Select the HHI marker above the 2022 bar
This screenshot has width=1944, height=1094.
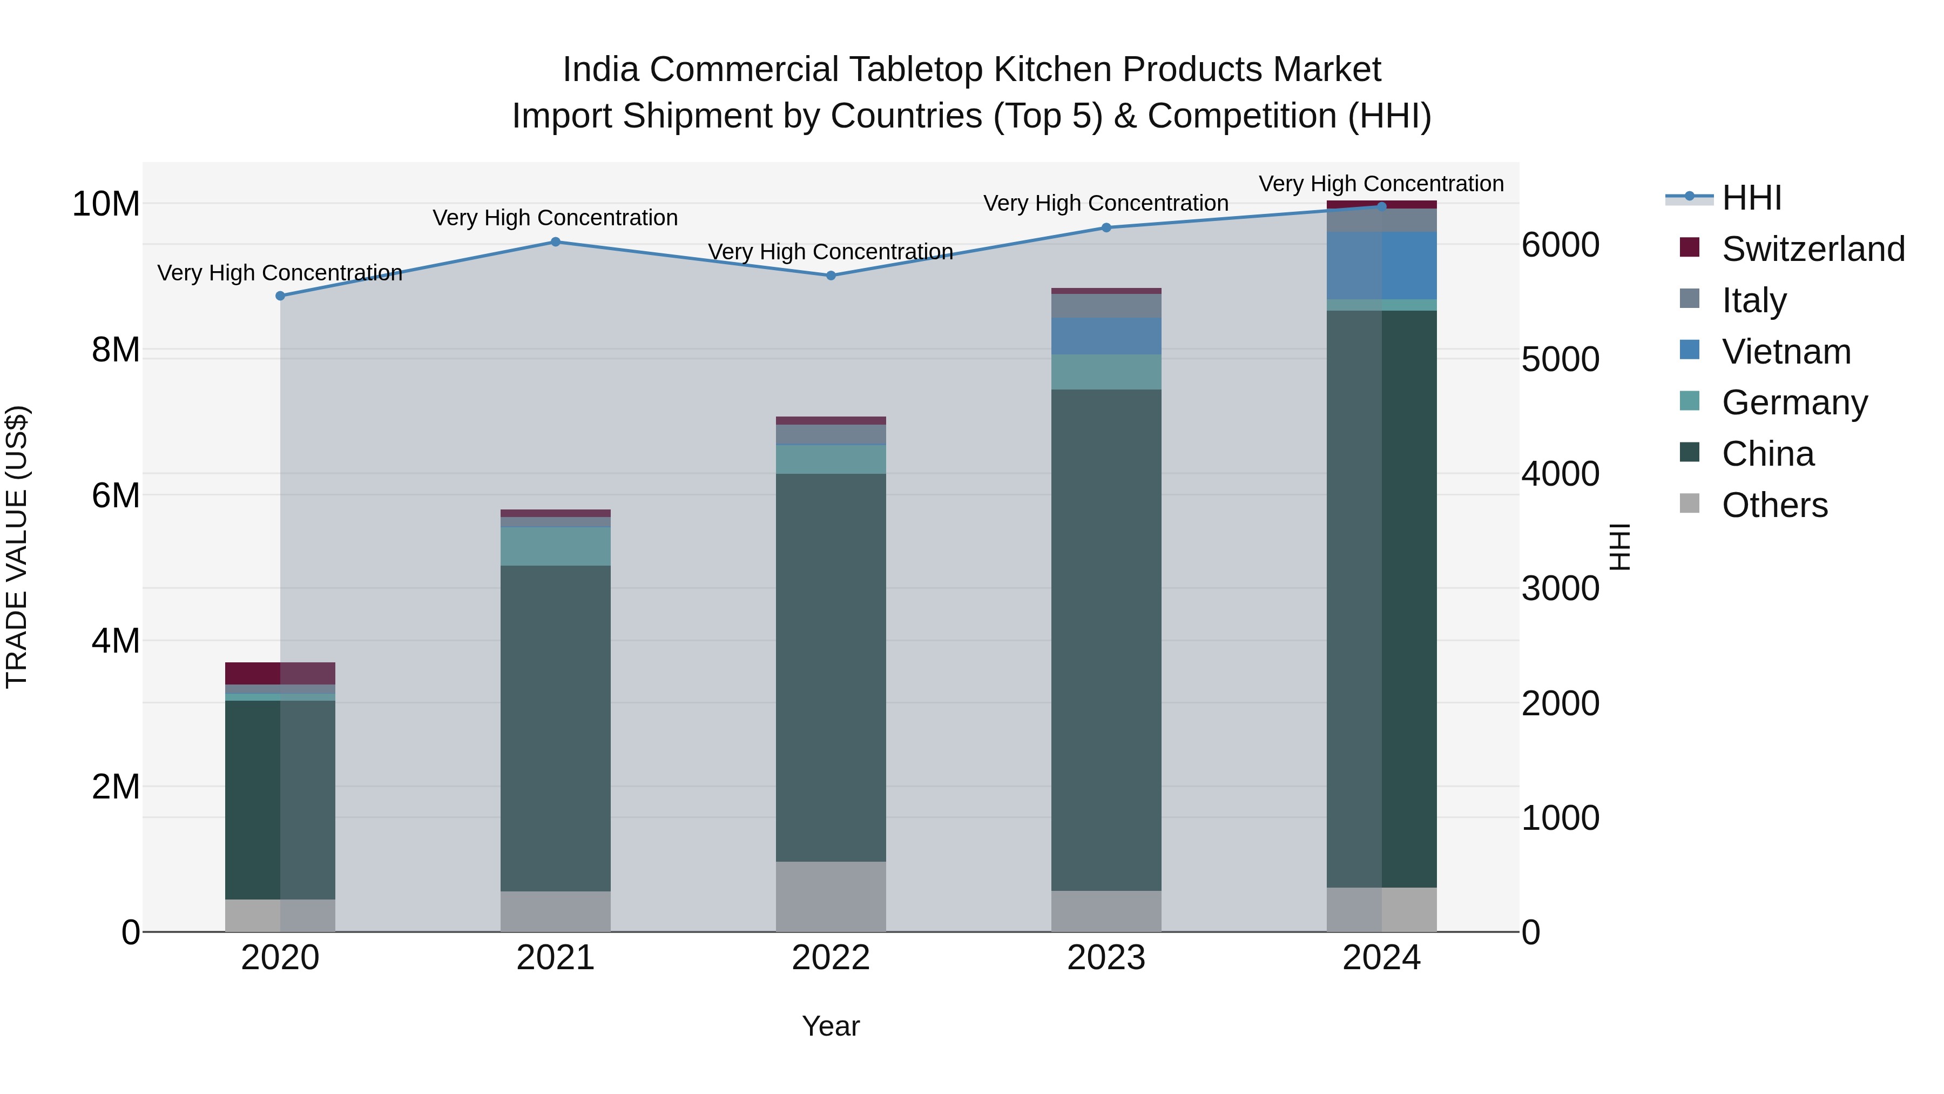pos(831,276)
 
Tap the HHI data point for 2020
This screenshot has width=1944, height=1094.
pos(280,296)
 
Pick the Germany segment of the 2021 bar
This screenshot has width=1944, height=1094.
pos(556,546)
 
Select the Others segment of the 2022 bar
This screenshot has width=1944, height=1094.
pos(831,896)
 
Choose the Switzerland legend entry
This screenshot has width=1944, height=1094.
pos(1812,249)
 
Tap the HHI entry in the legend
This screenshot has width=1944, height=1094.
pos(1751,197)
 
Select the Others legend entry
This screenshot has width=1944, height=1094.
pos(1773,505)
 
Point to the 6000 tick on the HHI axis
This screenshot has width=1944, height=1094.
pos(1560,245)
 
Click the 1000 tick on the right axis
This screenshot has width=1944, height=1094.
pos(1560,818)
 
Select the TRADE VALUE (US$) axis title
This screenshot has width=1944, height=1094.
pos(17,547)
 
